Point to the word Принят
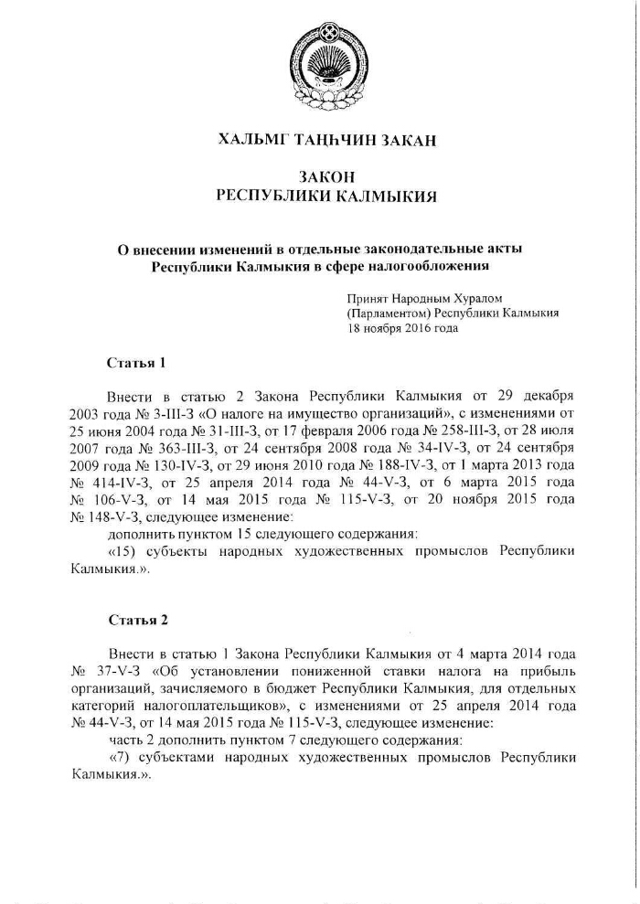tap(367, 298)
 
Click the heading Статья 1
tap(136, 363)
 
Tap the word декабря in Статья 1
tap(548, 397)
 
